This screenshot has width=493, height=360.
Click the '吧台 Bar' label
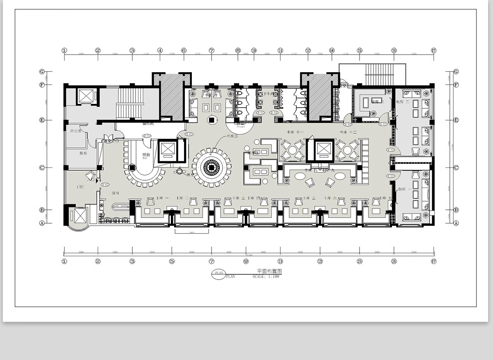(x=146, y=156)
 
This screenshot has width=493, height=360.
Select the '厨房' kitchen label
(x=83, y=153)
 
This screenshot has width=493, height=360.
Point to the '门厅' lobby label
(x=80, y=187)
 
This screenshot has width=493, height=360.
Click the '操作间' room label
(x=148, y=124)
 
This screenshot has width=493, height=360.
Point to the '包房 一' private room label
(x=402, y=189)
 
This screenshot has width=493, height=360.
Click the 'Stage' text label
(x=241, y=126)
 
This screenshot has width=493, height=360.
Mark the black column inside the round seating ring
(x=211, y=167)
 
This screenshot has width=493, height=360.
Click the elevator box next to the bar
(x=168, y=149)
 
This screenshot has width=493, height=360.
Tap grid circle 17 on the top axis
(x=433, y=50)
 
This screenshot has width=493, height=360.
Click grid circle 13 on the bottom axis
(x=320, y=261)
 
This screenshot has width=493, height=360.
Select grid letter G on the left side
(x=41, y=71)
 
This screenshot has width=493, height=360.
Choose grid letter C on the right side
(x=456, y=167)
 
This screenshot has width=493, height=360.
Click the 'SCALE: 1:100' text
(x=265, y=277)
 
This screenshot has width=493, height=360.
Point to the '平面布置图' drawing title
(x=269, y=271)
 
